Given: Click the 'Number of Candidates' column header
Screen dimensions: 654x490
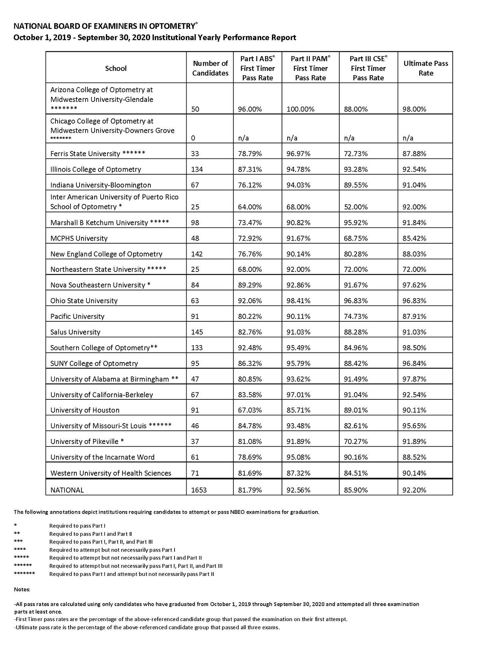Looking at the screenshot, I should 210,68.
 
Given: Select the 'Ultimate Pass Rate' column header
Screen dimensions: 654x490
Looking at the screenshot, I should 426,68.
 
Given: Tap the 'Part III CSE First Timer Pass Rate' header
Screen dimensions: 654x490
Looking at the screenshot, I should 368,68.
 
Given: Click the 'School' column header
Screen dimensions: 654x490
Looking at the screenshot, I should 116,68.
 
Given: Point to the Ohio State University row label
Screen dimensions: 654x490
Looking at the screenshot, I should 84,301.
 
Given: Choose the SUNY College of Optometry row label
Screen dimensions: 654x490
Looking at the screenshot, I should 94,364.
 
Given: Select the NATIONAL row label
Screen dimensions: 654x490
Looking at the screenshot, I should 67,490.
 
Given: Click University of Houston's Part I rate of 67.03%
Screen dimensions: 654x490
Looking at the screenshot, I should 250,410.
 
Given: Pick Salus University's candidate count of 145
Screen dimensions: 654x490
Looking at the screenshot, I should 197,332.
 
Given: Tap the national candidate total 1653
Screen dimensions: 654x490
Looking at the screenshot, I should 199,490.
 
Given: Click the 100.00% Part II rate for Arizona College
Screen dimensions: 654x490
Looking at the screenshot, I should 300,109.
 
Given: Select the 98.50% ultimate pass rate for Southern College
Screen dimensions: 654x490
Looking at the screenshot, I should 414,348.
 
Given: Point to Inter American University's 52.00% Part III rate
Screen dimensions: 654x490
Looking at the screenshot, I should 356,207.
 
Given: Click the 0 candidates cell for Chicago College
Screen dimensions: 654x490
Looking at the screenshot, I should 193,138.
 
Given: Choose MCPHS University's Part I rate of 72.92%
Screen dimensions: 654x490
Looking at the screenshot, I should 250,238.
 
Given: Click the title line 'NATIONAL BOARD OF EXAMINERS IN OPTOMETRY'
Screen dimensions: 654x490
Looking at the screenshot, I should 104,26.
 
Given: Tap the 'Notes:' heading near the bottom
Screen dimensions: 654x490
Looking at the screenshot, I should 22,590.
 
